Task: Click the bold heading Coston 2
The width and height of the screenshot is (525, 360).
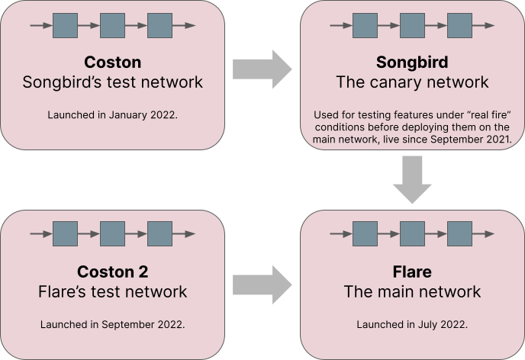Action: tap(112, 272)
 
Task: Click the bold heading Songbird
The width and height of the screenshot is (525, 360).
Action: tap(411, 61)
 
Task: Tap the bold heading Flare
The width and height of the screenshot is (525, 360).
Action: tap(412, 272)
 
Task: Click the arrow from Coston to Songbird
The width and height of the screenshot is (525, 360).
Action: tap(262, 72)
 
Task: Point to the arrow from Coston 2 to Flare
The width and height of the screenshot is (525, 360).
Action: tap(262, 284)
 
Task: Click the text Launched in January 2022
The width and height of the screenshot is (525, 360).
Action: tap(112, 114)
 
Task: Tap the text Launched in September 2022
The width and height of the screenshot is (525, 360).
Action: tap(112, 324)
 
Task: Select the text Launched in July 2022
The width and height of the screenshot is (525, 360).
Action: tap(412, 324)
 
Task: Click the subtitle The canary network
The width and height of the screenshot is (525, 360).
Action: tap(411, 81)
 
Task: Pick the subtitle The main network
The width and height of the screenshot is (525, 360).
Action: tap(412, 291)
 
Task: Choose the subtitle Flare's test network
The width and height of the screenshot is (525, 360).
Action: tap(112, 291)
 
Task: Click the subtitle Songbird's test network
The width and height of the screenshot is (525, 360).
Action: tap(112, 81)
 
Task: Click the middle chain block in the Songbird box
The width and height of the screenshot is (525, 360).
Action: tap(412, 26)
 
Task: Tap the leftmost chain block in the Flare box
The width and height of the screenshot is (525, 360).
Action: tap(366, 233)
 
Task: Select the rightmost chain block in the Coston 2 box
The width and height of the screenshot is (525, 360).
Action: tap(159, 233)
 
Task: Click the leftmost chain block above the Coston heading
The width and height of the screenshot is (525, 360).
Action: tap(65, 26)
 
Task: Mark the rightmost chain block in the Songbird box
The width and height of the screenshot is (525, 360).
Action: tap(459, 26)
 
